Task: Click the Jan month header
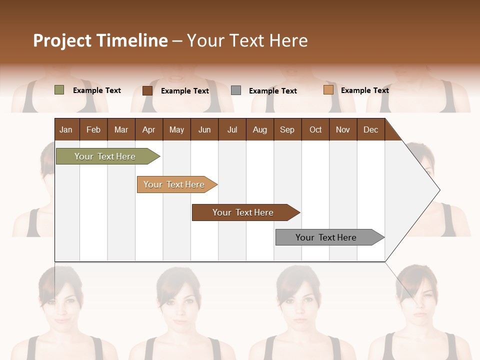[x=66, y=129]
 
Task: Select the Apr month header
[x=148, y=129]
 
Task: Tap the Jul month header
[x=232, y=129]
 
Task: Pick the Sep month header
[x=287, y=129]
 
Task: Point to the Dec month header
[x=370, y=129]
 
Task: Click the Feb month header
[x=93, y=129]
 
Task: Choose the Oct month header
[x=315, y=129]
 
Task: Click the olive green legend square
[x=59, y=90]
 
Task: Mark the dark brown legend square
[x=147, y=90]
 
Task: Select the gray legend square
[x=236, y=90]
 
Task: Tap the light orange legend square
[x=328, y=90]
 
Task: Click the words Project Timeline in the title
[x=100, y=40]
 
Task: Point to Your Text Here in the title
[x=247, y=40]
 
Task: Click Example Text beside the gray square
[x=272, y=91]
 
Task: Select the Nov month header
[x=343, y=129]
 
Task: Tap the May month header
[x=176, y=129]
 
